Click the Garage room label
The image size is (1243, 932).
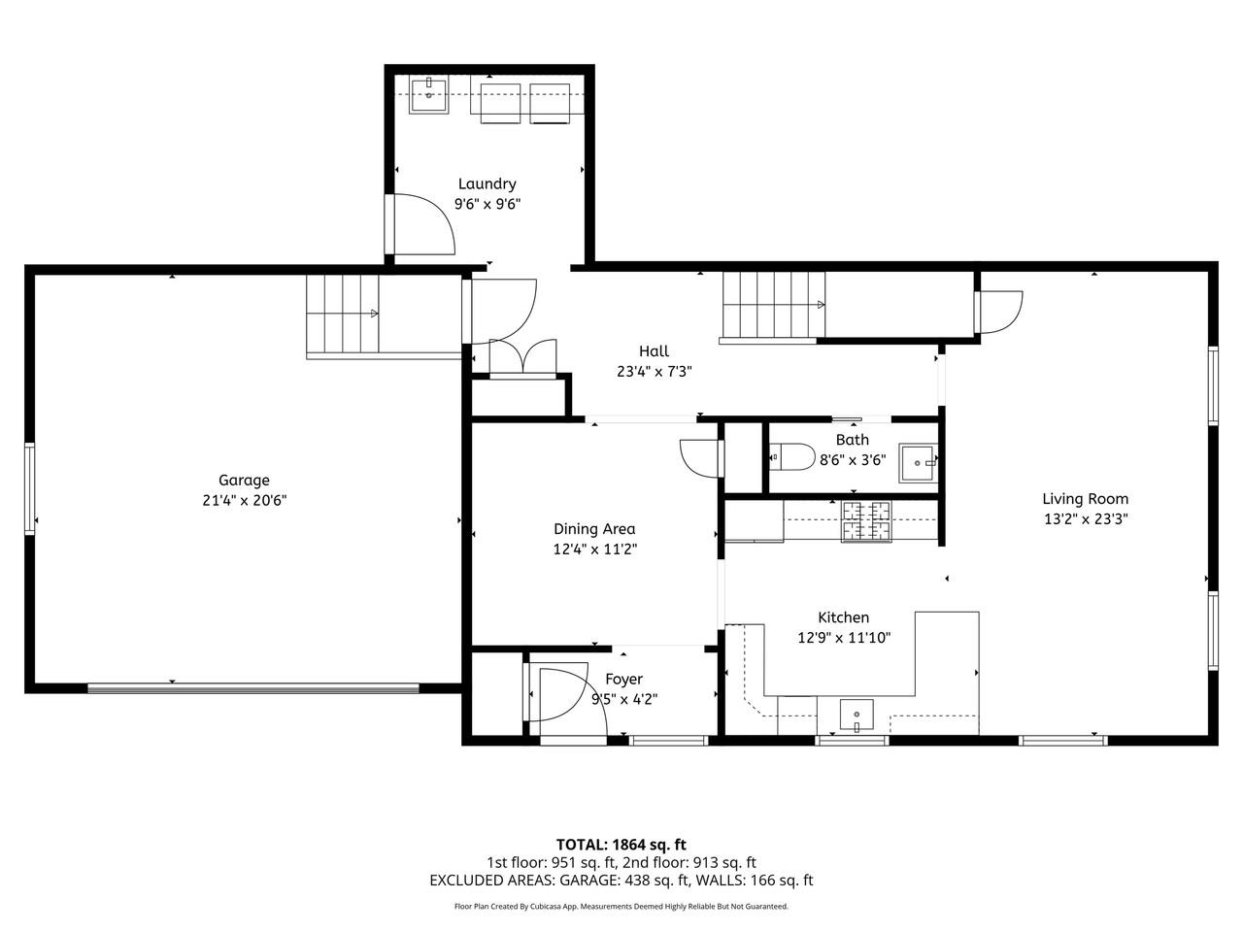point(244,480)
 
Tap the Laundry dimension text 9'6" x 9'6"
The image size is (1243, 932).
point(487,205)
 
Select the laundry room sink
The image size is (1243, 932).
point(427,96)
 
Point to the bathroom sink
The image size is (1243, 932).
point(917,464)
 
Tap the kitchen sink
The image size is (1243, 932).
point(856,716)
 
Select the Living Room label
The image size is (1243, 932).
point(1086,499)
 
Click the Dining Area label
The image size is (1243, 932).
point(594,529)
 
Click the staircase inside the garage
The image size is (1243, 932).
point(343,315)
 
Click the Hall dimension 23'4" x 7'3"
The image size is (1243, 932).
point(654,371)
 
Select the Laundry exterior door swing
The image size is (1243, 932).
point(423,224)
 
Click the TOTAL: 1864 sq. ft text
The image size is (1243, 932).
point(621,845)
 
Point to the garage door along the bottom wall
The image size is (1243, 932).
point(253,688)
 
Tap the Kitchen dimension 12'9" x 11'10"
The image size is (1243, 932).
point(843,638)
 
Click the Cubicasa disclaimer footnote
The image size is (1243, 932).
point(621,907)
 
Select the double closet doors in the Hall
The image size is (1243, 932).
point(523,357)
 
